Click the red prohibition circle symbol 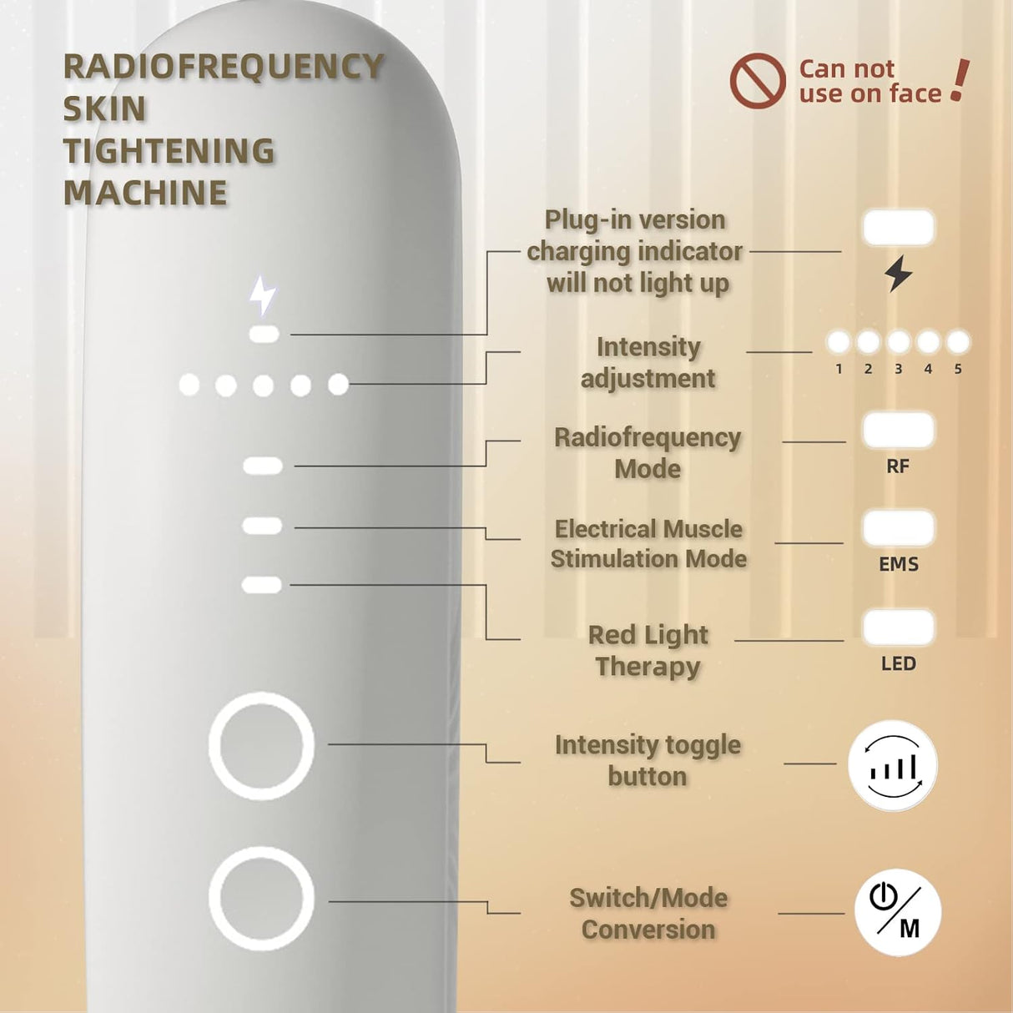pos(757,81)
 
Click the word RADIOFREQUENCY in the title pos(224,67)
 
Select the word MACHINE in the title pos(145,193)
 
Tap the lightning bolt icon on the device pos(263,295)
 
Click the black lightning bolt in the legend pos(898,274)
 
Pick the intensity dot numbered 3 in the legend pos(898,342)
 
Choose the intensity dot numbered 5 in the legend pos(958,342)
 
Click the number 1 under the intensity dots pos(839,369)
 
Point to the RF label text pos(898,466)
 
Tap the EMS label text pos(898,565)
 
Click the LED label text pos(898,664)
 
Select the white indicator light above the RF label pos(898,431)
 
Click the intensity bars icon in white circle pos(893,765)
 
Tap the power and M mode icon pos(898,912)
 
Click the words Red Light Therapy pos(648,651)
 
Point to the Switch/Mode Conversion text pos(648,914)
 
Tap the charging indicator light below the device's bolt pos(264,335)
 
